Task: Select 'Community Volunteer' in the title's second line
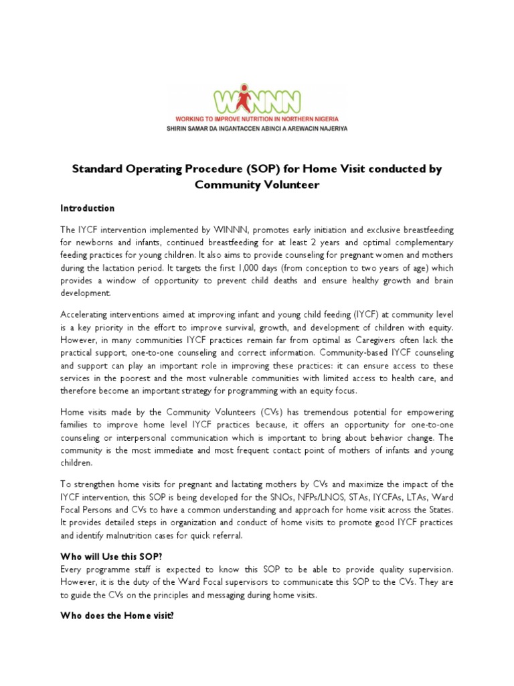pyautogui.click(x=257, y=184)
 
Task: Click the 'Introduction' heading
pyautogui.click(x=88, y=208)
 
